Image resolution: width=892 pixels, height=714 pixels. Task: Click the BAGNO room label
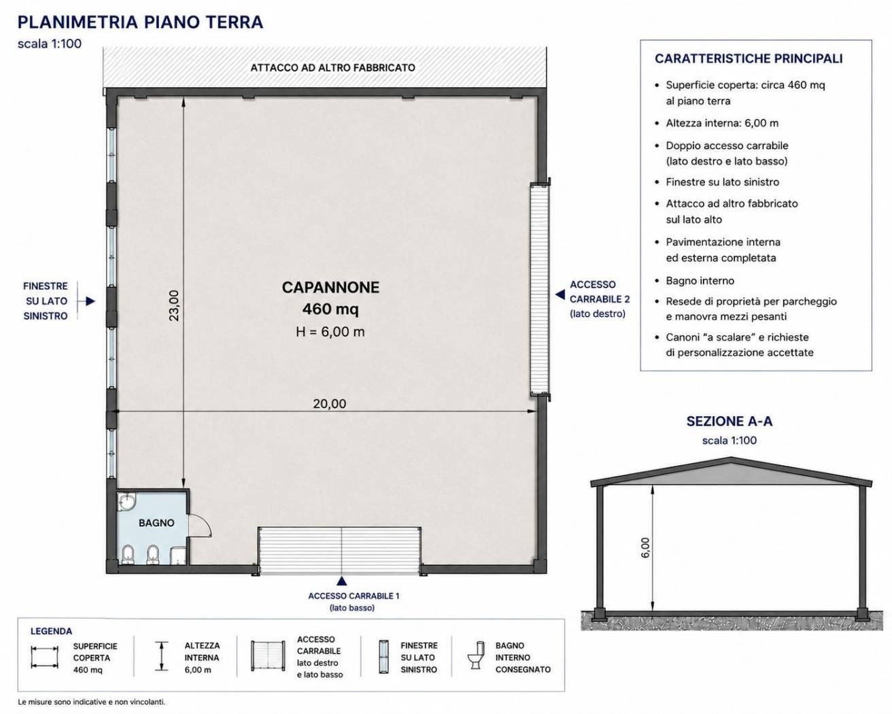tap(156, 523)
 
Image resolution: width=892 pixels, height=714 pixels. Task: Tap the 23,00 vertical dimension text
tap(174, 305)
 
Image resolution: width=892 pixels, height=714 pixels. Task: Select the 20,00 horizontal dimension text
tap(329, 403)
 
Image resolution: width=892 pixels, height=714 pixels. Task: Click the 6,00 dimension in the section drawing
tap(645, 547)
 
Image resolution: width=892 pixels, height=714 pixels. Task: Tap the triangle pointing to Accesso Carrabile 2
tap(560, 294)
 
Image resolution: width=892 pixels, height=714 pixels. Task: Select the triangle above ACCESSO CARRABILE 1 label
tap(341, 581)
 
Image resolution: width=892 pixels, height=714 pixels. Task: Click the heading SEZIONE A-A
tap(729, 422)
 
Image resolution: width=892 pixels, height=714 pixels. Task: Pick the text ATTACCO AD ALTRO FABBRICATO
tap(332, 67)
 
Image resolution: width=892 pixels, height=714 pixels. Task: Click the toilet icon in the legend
tap(475, 655)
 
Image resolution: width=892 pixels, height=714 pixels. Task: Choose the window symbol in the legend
tap(384, 656)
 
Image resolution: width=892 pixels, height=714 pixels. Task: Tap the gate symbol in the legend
tap(268, 656)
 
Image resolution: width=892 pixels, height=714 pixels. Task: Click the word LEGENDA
tap(52, 631)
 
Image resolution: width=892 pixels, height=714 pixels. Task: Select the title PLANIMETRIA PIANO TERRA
tap(140, 22)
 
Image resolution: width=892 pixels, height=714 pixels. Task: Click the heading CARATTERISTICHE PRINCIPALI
tap(749, 58)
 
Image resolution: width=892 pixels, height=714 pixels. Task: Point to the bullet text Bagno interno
tap(700, 281)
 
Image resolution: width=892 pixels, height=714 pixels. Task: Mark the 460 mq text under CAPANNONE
tap(330, 309)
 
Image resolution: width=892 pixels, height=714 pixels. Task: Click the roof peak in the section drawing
tap(731, 458)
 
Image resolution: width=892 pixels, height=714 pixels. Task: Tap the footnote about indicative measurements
tap(91, 702)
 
